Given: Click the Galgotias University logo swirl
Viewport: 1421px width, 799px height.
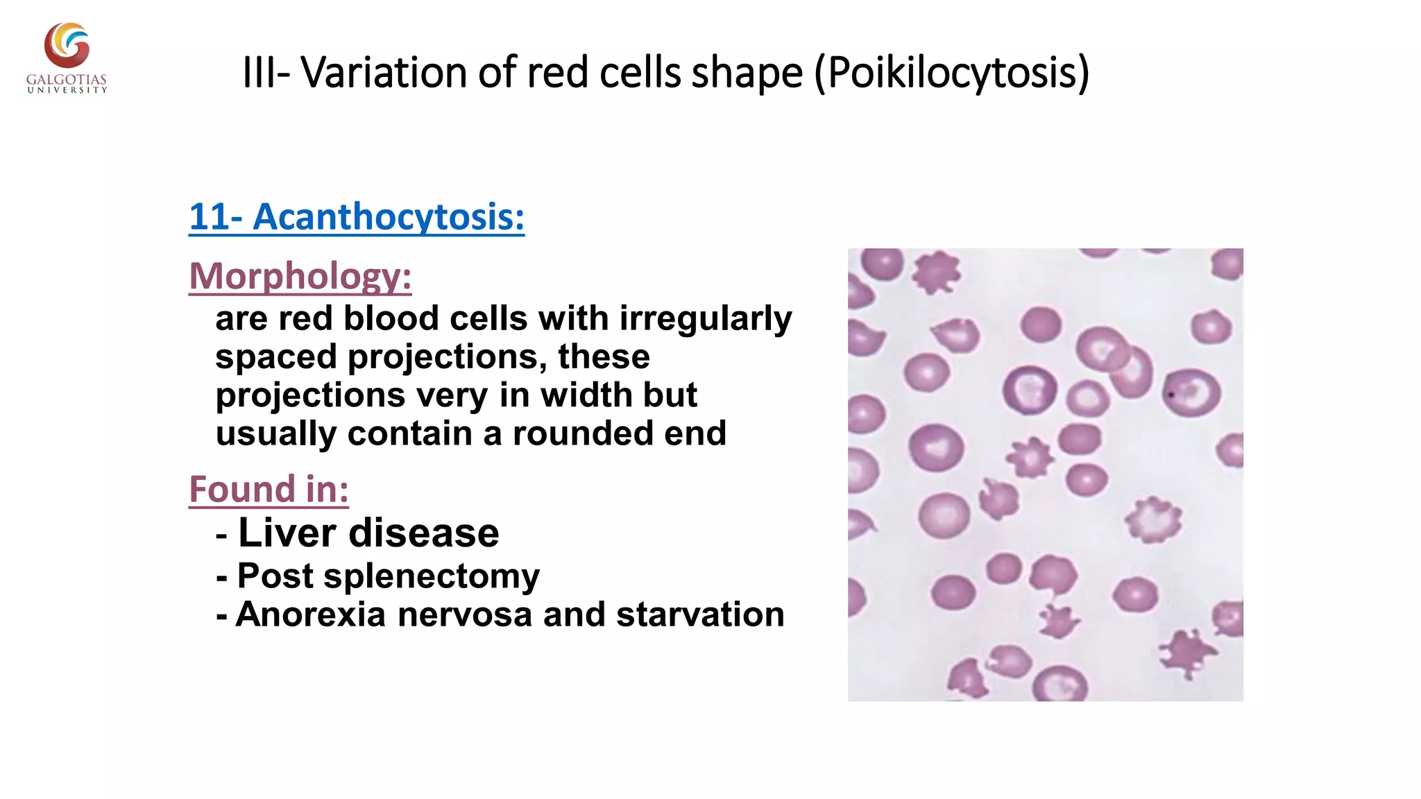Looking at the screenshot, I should click(x=67, y=46).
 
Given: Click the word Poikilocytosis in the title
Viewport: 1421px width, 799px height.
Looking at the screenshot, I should click(x=952, y=73).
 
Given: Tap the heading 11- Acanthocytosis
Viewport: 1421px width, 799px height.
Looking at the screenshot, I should click(x=357, y=217).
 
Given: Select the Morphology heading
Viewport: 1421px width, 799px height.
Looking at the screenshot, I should click(x=300, y=276).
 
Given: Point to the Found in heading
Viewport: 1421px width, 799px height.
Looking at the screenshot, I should click(x=269, y=489).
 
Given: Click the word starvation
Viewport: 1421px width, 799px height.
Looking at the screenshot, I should click(x=700, y=615).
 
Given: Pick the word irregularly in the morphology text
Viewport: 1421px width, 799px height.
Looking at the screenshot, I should click(x=705, y=319).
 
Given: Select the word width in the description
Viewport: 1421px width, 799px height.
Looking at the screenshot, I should click(x=587, y=395).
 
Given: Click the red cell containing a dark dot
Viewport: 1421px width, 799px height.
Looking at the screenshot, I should click(x=1191, y=393).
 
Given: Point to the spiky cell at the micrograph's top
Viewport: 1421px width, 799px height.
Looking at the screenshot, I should click(x=936, y=272).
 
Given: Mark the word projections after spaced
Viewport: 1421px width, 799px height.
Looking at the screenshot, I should click(x=442, y=357).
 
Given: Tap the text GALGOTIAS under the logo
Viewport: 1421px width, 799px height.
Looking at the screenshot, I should click(x=67, y=80).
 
